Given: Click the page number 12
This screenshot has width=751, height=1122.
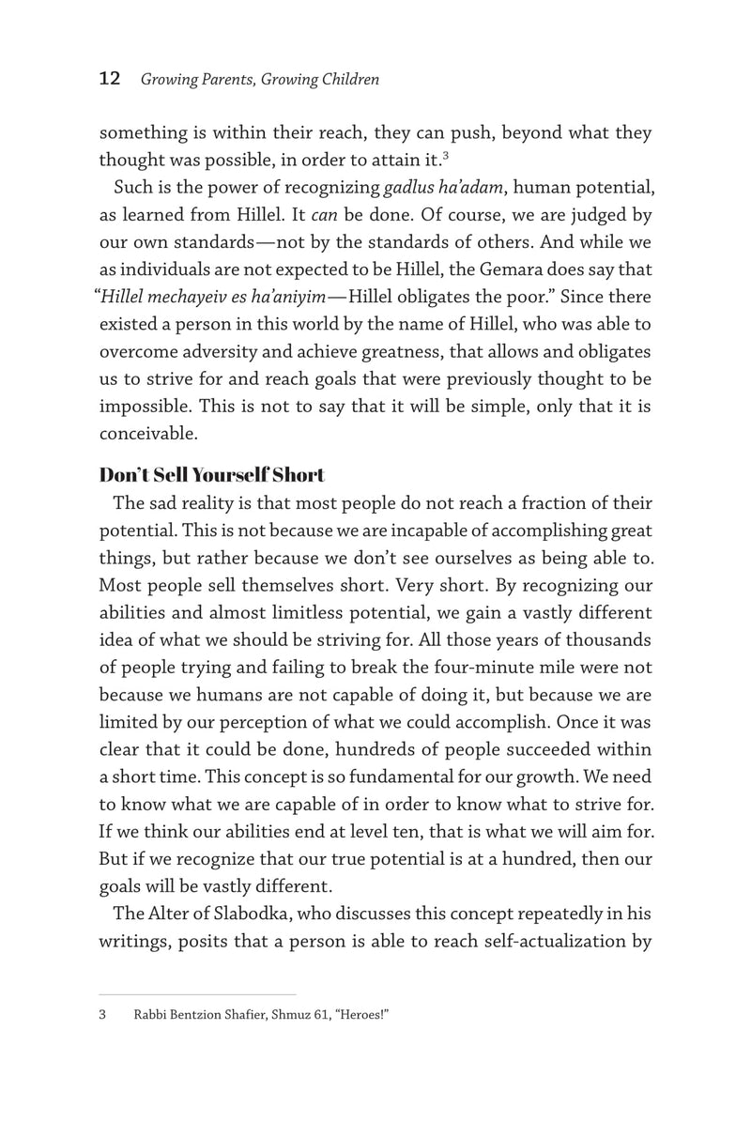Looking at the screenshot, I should (109, 80).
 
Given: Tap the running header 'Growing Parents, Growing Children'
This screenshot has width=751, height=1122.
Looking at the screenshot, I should (260, 81).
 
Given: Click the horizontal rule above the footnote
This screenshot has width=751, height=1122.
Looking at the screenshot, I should (197, 994).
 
